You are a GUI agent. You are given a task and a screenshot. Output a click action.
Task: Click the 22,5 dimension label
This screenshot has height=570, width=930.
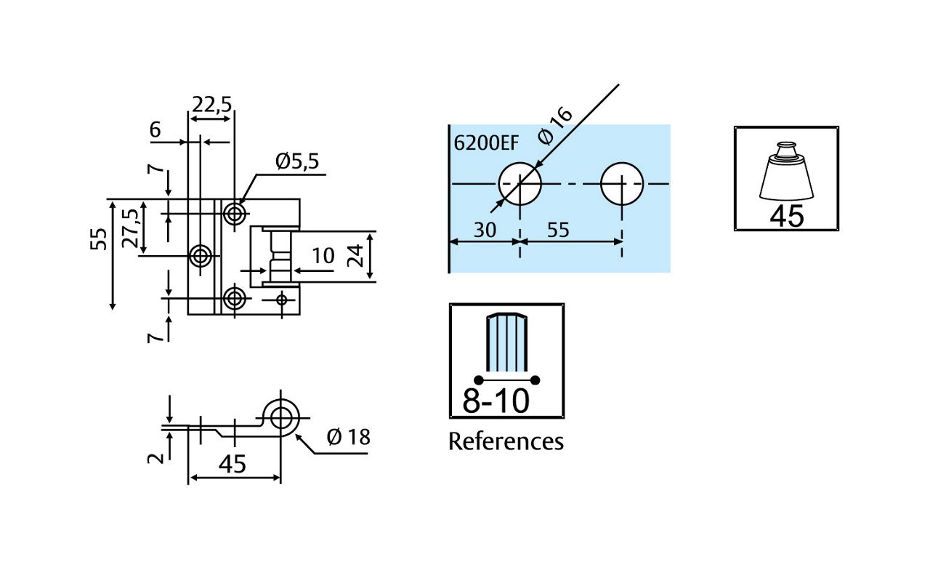click(x=211, y=105)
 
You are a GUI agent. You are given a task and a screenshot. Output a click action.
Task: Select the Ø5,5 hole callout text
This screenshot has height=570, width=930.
click(x=297, y=161)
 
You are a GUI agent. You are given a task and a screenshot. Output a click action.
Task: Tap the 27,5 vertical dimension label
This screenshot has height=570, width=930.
click(x=132, y=228)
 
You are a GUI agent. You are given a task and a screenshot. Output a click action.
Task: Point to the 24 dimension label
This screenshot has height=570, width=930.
click(x=356, y=255)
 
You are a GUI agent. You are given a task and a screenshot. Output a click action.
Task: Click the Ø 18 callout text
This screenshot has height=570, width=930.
click(x=348, y=437)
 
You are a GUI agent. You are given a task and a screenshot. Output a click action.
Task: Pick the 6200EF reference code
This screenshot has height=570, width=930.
click(x=486, y=143)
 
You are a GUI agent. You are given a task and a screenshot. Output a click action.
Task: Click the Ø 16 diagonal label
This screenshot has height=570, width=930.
click(x=555, y=126)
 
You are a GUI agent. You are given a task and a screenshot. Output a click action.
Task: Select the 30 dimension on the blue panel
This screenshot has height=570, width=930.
click(x=485, y=230)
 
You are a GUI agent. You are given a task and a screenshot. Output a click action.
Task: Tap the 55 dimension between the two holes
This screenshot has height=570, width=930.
click(x=558, y=230)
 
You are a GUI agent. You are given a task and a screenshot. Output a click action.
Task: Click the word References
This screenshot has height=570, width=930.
click(x=506, y=441)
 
